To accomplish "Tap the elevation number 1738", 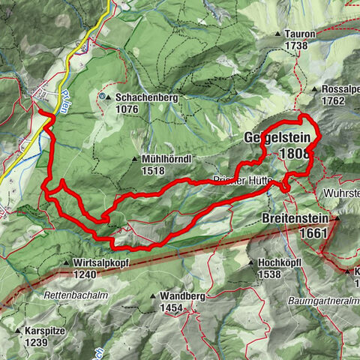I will tap(297, 46).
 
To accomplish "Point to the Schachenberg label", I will tap(135, 97).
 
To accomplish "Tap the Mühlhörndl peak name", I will tap(165, 160).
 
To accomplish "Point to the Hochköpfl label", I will tap(282, 264).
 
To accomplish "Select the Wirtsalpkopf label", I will tap(105, 264).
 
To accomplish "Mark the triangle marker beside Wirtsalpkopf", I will tap(67, 264).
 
